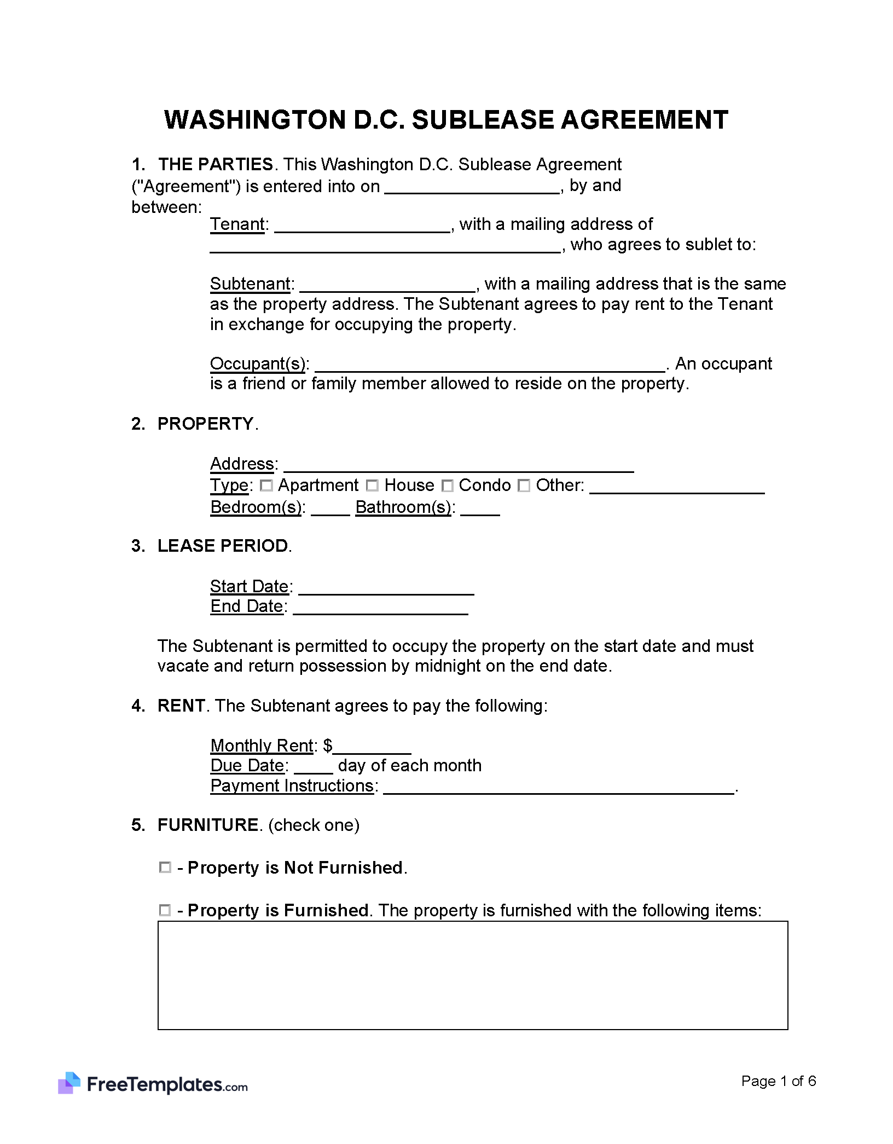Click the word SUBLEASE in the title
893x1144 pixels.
pos(482,120)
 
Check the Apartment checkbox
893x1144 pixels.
pos(266,486)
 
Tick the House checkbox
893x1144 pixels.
pos(372,486)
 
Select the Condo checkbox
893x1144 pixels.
pos(448,486)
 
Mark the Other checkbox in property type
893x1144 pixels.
pos(524,486)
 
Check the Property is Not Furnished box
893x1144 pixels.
pos(165,868)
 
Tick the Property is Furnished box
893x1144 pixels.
pos(165,910)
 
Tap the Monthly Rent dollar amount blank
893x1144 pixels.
pos(372,748)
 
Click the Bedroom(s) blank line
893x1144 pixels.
pos(330,510)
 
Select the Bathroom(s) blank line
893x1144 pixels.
pos(480,510)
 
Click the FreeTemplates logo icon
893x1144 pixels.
pos(69,1083)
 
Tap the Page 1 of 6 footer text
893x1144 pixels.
pos(778,1081)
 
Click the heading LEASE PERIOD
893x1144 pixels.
pos(223,546)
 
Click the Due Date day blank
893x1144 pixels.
pos(313,767)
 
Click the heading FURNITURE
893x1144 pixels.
pos(208,825)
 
